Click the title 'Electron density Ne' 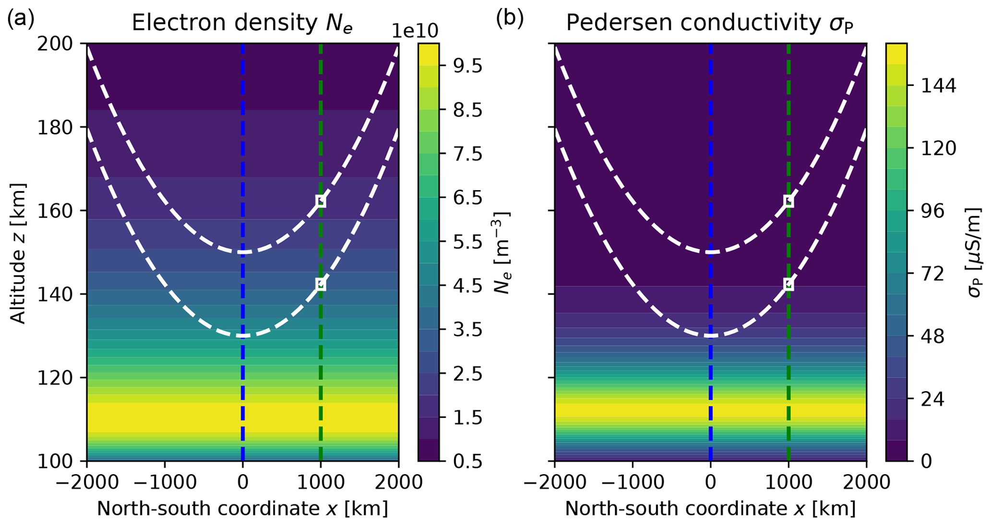[242, 23]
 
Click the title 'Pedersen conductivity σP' [710, 23]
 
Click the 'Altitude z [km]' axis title [18, 253]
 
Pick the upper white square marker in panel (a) [321, 201]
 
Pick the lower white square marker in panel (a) [321, 285]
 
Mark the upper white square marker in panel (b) [789, 201]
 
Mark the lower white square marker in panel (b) [789, 285]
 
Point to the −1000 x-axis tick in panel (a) [165, 482]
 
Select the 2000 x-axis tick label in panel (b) [866, 482]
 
